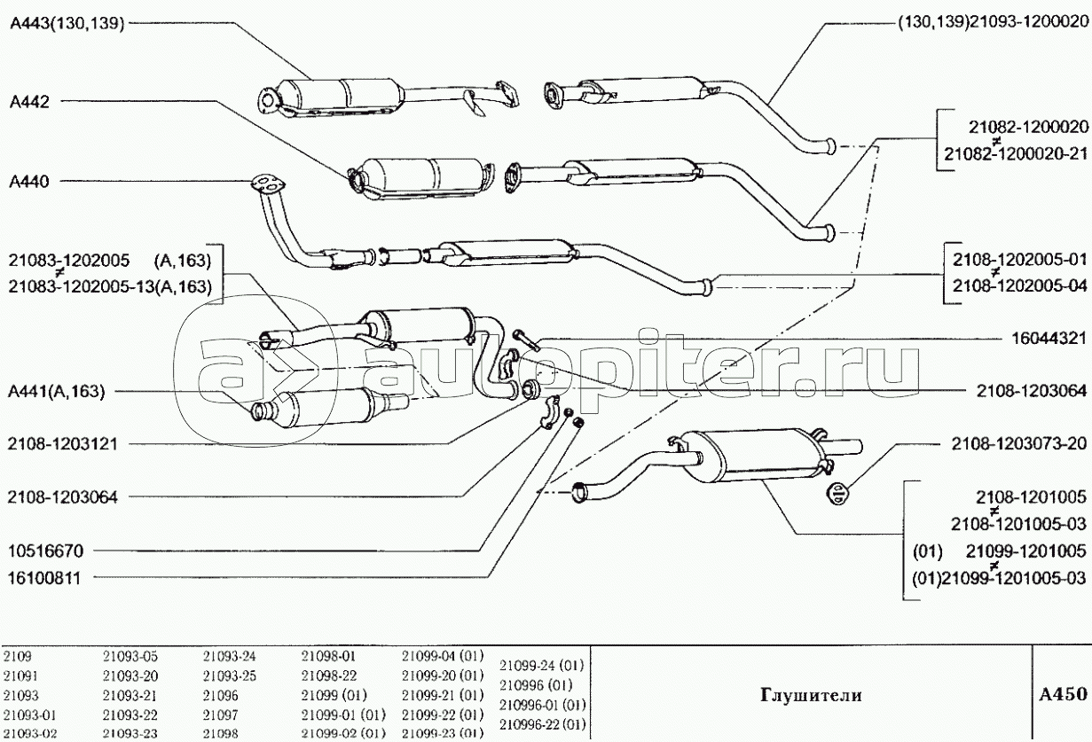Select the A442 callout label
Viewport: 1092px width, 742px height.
29,102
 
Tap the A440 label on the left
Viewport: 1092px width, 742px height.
29,182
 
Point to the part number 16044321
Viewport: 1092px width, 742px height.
1049,338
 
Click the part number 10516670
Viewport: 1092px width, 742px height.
46,551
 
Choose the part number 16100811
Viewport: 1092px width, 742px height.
44,578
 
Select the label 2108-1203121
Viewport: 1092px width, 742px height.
62,444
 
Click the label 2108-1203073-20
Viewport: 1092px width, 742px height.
1019,443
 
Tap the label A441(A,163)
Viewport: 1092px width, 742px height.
57,392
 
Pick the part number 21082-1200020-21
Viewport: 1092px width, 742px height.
1017,153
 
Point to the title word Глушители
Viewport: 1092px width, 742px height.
811,695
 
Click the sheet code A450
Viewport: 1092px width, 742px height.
1063,694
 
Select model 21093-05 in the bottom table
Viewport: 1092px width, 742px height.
130,656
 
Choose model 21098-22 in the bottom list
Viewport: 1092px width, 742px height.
329,676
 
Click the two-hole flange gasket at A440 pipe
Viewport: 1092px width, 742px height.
267,184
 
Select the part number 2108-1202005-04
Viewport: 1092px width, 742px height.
1020,285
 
